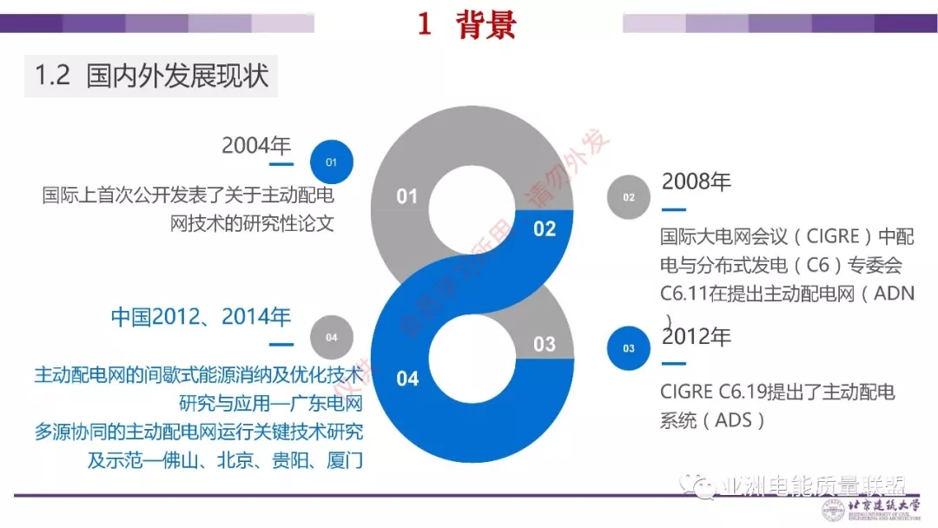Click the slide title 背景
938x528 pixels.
point(486,25)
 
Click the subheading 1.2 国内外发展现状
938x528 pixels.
point(152,76)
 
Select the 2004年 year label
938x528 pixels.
point(256,145)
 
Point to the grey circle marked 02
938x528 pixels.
point(628,197)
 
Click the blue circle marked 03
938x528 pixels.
point(628,348)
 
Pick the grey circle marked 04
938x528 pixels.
point(331,337)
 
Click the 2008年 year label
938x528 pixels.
point(697,181)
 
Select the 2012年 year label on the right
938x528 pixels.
point(697,335)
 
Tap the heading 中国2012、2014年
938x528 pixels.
point(201,316)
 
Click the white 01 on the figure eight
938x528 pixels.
point(407,196)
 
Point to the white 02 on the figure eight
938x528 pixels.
point(545,229)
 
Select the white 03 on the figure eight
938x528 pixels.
point(545,344)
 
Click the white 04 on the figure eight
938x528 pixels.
point(407,379)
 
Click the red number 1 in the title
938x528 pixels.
point(424,25)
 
